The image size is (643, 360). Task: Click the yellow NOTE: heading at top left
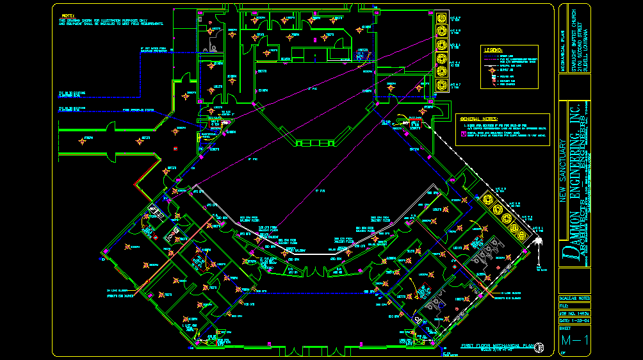tap(67, 15)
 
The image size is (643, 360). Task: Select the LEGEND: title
tap(493, 49)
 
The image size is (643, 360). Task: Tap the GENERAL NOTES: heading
tap(478, 119)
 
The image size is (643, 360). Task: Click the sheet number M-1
tap(574, 340)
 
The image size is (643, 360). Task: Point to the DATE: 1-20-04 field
tap(573, 320)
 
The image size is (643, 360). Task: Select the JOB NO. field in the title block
tap(573, 313)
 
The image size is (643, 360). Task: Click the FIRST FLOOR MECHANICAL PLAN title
tap(497, 346)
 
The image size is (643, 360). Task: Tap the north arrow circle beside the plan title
tap(541, 347)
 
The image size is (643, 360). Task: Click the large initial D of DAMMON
tap(567, 255)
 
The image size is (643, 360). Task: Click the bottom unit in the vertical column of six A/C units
tap(441, 86)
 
